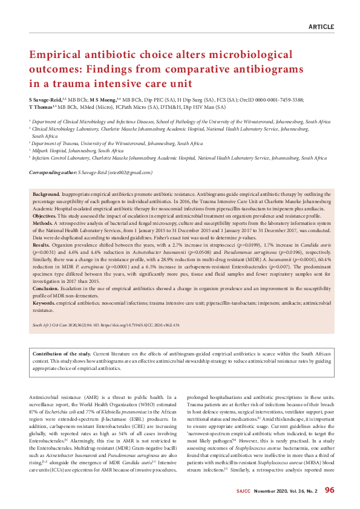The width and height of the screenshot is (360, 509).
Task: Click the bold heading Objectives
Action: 44,215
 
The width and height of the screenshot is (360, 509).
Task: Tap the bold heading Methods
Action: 42,222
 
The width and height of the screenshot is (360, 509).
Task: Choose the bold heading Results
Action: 41,245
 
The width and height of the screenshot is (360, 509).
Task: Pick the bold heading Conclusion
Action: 46,289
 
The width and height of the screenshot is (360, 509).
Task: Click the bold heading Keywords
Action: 44,303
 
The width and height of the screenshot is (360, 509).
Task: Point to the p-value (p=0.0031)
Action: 44,253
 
